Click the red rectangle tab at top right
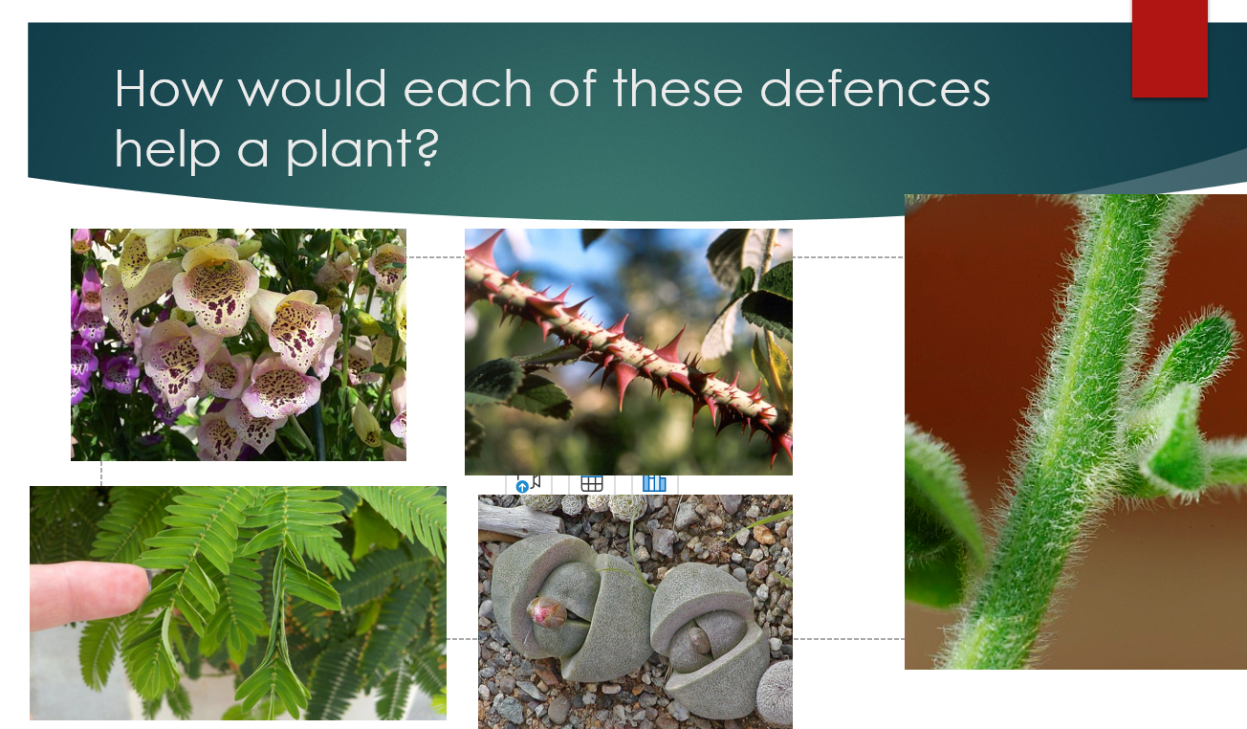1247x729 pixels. pyautogui.click(x=1170, y=49)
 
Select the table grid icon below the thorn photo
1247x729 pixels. pyautogui.click(x=592, y=483)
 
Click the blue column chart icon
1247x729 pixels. pyautogui.click(x=654, y=483)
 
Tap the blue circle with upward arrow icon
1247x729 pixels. pyautogui.click(x=522, y=487)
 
